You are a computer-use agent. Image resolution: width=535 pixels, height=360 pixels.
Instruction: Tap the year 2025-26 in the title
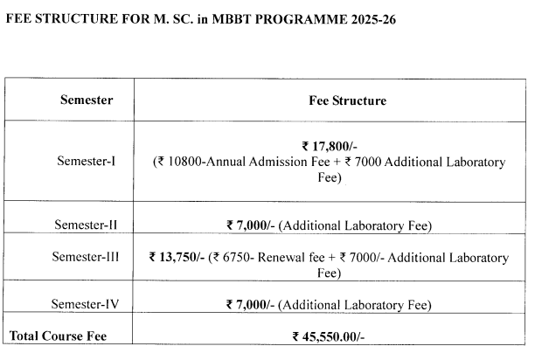point(370,17)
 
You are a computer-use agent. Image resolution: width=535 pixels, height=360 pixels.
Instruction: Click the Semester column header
point(86,100)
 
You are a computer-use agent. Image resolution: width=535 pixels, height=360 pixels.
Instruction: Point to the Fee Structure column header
point(348,100)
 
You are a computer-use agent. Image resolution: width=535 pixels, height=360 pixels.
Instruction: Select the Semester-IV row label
point(85,304)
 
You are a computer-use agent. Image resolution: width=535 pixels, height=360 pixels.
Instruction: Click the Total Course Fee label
point(59,335)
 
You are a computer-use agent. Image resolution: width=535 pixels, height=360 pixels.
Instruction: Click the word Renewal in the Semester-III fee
point(288,258)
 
